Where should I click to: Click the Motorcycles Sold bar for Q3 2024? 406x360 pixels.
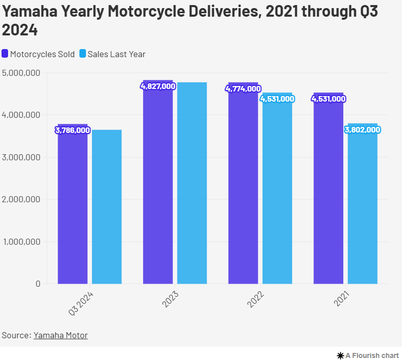point(72,207)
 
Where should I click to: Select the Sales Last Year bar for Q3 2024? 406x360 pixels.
point(107,207)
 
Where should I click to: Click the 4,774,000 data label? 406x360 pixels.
point(243,89)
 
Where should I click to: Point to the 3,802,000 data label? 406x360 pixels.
point(363,130)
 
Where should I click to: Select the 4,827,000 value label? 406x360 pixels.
point(158,86)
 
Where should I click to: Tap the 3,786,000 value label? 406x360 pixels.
point(72,130)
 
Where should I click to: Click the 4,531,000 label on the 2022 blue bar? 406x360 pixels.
point(277,99)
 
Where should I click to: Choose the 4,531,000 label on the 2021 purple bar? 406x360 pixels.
point(329,99)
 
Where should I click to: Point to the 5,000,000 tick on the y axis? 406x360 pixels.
point(21,73)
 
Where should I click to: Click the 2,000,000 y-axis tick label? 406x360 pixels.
point(21,199)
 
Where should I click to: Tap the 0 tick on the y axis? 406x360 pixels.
point(38,284)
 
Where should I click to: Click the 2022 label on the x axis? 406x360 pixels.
point(256,299)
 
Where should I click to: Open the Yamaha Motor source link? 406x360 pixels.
point(61,335)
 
